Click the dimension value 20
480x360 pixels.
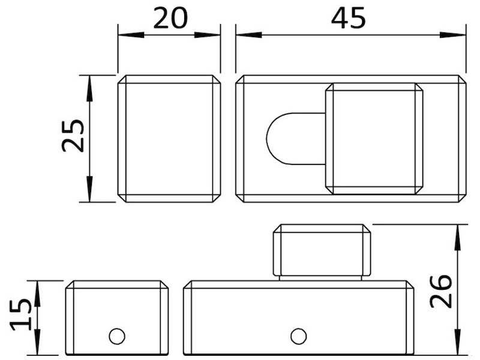tap(170, 18)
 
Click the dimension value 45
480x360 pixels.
tap(349, 18)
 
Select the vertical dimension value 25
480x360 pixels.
tap(73, 136)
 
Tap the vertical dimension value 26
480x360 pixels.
tap(441, 292)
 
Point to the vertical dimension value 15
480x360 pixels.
tap(20, 316)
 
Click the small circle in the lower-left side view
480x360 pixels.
tap(117, 336)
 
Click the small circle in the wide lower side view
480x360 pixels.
tap(298, 336)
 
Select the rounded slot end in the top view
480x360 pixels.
tap(267, 139)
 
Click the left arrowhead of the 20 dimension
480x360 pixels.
tap(131, 35)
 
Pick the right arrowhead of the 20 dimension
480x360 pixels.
tap(207, 35)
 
